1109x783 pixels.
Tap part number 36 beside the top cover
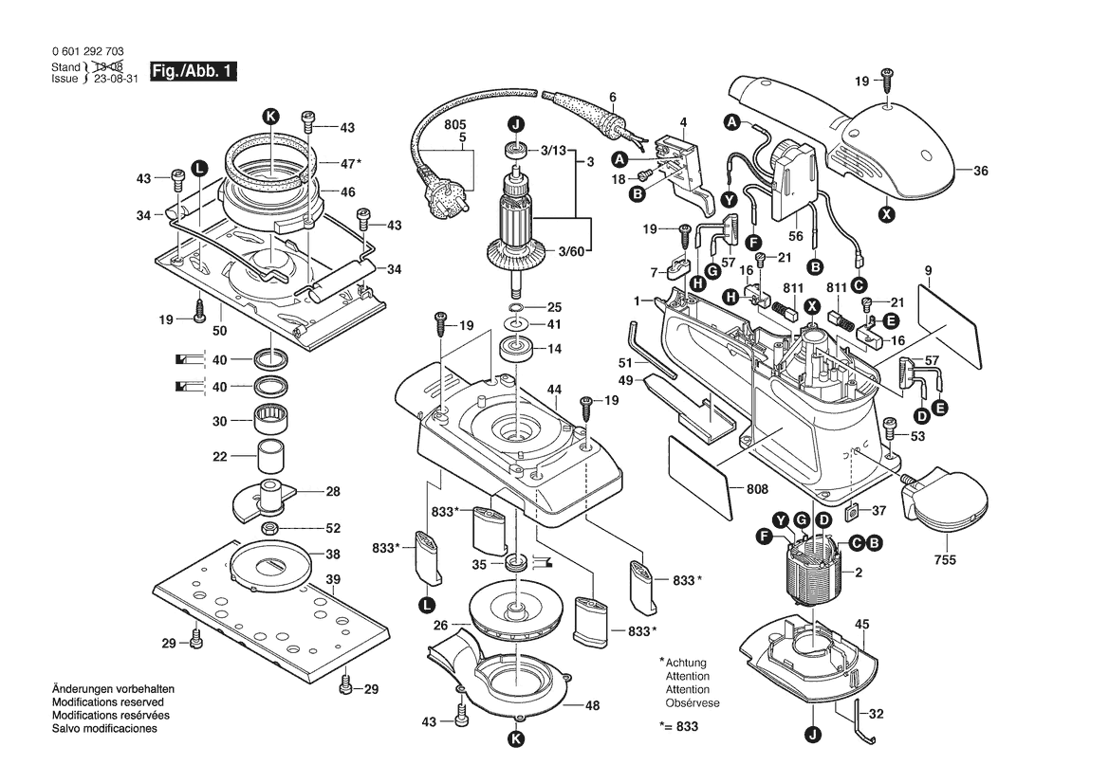tap(981, 171)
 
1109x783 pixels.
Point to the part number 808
tap(757, 489)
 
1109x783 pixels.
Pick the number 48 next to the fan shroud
tap(592, 705)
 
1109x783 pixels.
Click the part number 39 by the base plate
tap(333, 579)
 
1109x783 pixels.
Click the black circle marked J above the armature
tap(514, 123)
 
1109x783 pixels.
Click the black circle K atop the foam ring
tap(271, 116)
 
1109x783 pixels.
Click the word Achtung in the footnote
tap(686, 663)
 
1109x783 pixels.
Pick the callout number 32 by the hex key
tap(877, 715)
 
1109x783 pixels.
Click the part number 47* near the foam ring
tap(351, 163)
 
